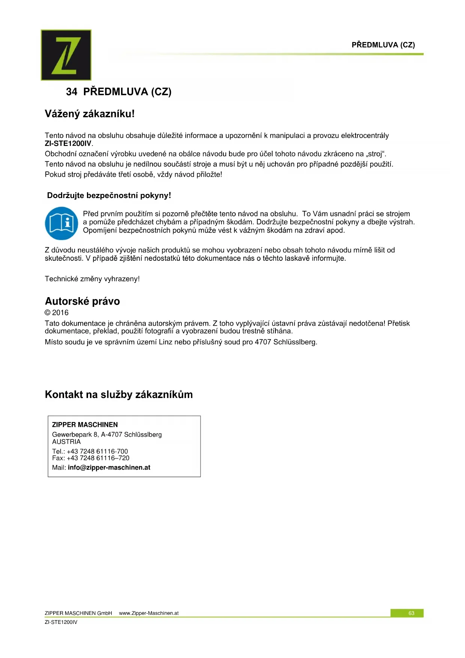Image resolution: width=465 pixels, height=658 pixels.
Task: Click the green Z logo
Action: pos(66,55)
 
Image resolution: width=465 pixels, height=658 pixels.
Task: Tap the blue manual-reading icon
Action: pos(61,223)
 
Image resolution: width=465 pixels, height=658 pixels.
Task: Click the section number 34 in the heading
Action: pos(72,92)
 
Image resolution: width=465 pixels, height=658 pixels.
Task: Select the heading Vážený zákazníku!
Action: pos(90,114)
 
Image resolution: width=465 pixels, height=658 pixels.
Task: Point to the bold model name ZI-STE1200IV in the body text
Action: pos(68,143)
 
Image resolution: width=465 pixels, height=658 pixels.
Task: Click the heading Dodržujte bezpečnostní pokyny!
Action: pos(109,195)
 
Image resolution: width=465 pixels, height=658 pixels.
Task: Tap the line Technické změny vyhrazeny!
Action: pos(92,279)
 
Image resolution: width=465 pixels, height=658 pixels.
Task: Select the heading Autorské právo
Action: pos(82,301)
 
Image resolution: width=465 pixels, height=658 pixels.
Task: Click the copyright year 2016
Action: pos(60,312)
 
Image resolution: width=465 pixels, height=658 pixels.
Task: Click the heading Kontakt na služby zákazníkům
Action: pos(119,395)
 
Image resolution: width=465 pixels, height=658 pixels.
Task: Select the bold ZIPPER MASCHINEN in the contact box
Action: pos(85,425)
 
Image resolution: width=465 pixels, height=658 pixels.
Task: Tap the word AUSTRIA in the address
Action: pos(66,442)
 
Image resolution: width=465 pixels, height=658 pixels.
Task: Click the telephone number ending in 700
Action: pos(97,451)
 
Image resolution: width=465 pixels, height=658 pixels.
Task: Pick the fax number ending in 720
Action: pos(98,458)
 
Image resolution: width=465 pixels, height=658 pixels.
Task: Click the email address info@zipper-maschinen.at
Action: pos(109,467)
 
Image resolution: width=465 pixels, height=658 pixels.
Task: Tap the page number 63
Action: pos(411,613)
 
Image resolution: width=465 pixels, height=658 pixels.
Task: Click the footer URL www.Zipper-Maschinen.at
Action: pos(149,613)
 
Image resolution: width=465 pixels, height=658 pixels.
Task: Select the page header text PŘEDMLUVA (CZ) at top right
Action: pos(383,45)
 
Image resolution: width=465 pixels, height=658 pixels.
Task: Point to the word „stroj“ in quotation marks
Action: pos(376,154)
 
